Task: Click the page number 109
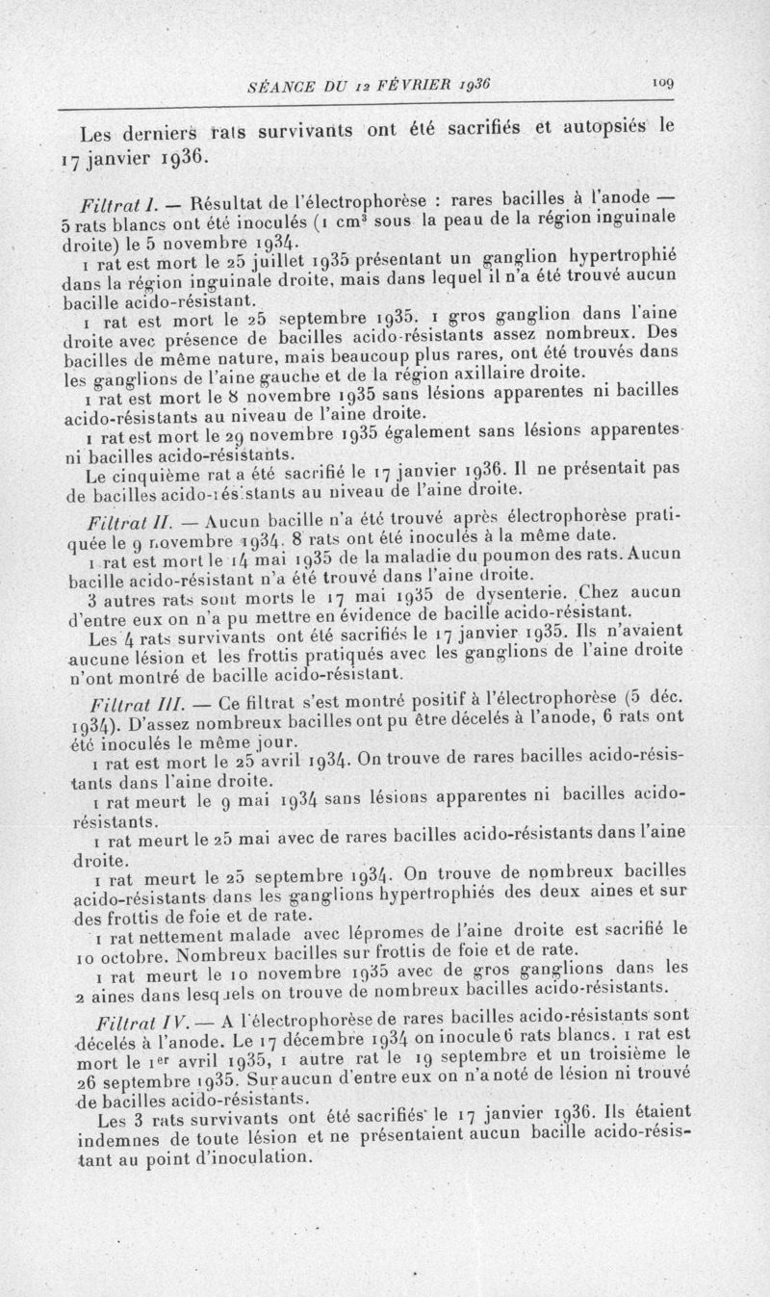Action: [x=660, y=84]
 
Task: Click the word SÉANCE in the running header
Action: [x=273, y=86]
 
